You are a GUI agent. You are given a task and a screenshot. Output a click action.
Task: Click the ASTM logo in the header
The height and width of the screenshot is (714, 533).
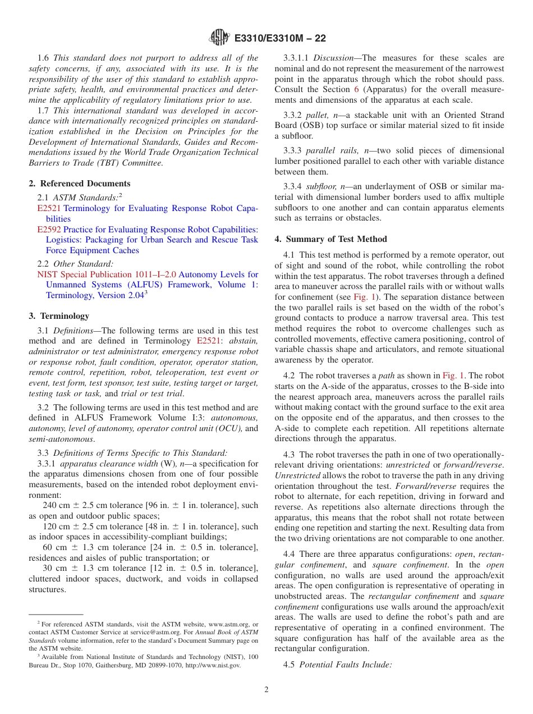coord(219,38)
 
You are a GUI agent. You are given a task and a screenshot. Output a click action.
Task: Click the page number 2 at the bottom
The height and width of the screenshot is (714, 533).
coord(266,690)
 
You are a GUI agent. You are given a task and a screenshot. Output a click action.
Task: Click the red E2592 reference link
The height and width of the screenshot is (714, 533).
coord(49,230)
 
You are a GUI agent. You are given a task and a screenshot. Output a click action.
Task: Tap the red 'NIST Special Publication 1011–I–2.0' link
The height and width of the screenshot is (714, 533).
coord(107,274)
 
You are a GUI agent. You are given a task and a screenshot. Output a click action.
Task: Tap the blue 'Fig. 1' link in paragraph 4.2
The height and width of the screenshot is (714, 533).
coord(453,376)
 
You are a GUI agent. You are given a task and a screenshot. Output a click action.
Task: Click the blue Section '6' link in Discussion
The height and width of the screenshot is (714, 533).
coord(355,89)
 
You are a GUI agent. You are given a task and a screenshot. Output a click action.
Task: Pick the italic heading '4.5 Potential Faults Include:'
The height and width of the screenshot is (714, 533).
coord(345,665)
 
